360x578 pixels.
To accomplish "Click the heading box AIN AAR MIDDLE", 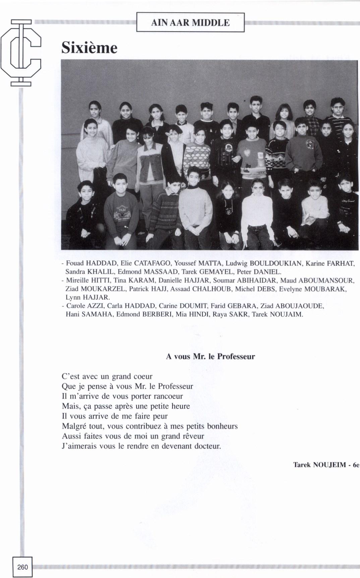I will (x=190, y=22).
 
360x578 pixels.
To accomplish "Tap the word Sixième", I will (x=89, y=48).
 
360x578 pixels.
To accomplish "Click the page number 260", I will (x=22, y=567).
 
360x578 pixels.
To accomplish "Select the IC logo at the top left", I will (x=21, y=53).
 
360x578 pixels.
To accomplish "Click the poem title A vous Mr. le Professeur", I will (x=210, y=357).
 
